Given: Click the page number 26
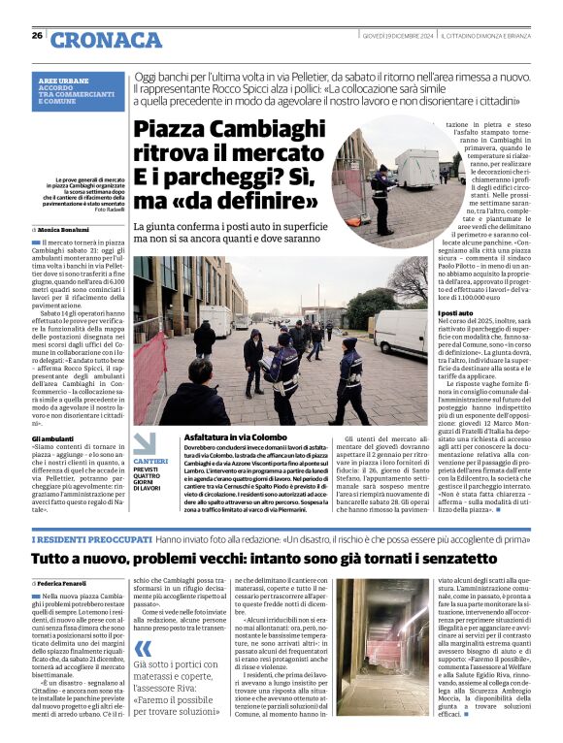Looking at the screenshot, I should point(37,36).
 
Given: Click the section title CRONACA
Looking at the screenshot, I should point(107,39).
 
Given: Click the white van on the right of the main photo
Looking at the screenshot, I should point(399,333).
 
